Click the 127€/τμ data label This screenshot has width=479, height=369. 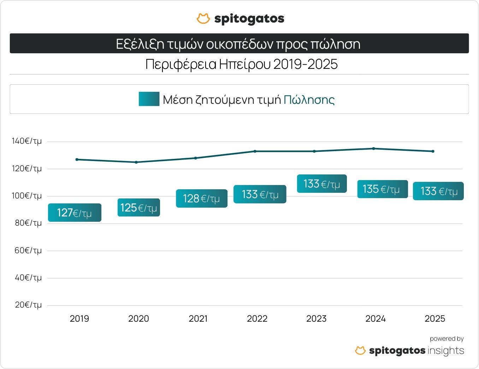coord(75,213)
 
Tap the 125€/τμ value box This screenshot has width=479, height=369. coord(138,208)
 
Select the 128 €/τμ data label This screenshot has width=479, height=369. coord(201,198)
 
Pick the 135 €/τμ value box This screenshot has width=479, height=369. coord(382,189)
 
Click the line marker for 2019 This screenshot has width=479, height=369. coord(77,160)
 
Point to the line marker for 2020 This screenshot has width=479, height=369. coord(136,162)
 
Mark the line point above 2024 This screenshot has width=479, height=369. coord(374,149)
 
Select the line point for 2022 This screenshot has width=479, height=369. coord(255,151)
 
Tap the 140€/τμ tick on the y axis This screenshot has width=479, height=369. coord(27,141)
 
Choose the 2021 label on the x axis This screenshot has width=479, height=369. coord(198,319)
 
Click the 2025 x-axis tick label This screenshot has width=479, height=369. coord(435,319)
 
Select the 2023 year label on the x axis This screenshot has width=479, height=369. coord(317,319)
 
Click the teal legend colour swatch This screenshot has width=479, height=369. coord(149,99)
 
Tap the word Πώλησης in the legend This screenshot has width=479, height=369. coord(309,100)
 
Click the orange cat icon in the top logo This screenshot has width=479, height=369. coord(203,19)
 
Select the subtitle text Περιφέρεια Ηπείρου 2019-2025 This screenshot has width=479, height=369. coord(242,64)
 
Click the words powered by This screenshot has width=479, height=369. coord(447,339)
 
